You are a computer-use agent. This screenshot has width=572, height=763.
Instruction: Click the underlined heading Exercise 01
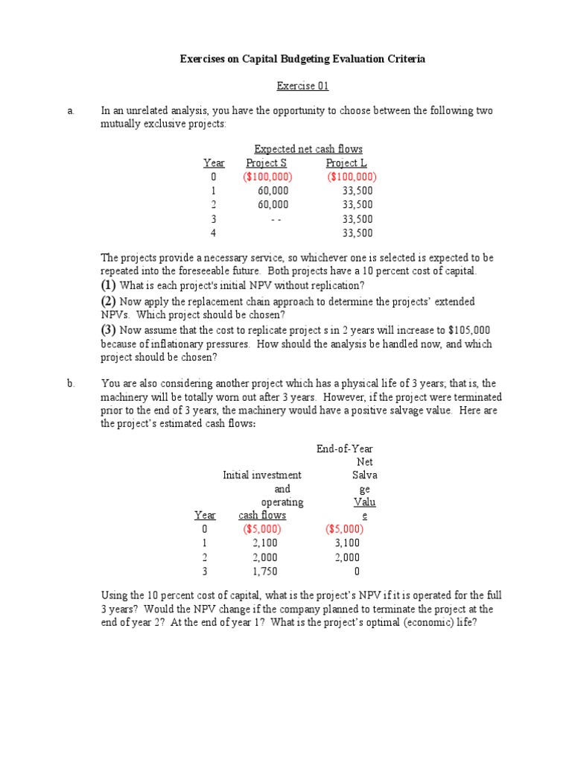click(302, 86)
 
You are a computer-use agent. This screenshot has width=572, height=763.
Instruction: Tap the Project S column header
click(266, 163)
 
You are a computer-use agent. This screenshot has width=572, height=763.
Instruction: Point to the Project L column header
click(346, 163)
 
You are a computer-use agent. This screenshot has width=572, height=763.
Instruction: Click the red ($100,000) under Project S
click(267, 177)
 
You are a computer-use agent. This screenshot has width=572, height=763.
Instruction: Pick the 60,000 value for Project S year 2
click(273, 205)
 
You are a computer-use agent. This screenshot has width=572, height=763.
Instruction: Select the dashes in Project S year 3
click(276, 219)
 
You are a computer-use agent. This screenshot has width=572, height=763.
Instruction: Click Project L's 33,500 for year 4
click(357, 233)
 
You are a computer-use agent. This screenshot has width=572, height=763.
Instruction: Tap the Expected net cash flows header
click(308, 149)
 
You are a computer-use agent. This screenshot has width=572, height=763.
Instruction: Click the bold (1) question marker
click(109, 285)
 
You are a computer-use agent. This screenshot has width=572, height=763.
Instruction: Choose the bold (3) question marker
click(109, 329)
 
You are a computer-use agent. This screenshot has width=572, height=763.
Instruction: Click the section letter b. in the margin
click(71, 384)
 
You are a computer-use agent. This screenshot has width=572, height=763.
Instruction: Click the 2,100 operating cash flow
click(265, 543)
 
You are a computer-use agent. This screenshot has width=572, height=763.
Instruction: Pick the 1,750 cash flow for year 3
click(265, 572)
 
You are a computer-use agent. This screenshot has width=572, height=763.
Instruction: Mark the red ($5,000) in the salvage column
click(345, 529)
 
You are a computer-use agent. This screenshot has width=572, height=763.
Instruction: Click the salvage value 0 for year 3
click(357, 572)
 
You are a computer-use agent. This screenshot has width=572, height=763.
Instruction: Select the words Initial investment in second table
click(262, 475)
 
